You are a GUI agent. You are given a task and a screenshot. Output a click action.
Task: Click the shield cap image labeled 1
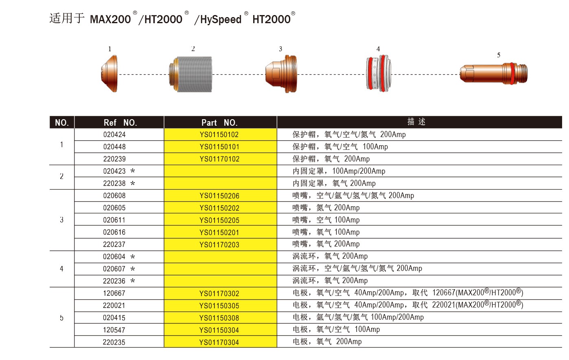pyautogui.click(x=109, y=74)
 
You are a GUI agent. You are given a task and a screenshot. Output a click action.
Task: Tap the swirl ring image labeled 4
pyautogui.click(x=379, y=74)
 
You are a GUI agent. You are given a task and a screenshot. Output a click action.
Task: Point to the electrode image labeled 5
pyautogui.click(x=494, y=74)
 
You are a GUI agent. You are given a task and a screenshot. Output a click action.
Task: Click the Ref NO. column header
pyautogui.click(x=120, y=122)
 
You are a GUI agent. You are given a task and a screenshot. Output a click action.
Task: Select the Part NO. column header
pyautogui.click(x=219, y=122)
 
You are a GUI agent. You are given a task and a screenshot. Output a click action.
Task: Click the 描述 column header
pyautogui.click(x=416, y=122)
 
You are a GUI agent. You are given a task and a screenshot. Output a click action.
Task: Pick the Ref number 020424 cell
pyautogui.click(x=114, y=135)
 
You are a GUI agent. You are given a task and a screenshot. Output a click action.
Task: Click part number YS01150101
pyautogui.click(x=219, y=147)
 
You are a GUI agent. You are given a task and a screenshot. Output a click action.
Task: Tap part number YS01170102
pyautogui.click(x=219, y=159)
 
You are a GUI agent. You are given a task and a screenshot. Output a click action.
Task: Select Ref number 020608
pyautogui.click(x=114, y=196)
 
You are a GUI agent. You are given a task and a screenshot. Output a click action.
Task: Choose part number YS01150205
pyautogui.click(x=219, y=220)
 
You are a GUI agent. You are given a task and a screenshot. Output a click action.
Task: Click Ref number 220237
pyautogui.click(x=114, y=244)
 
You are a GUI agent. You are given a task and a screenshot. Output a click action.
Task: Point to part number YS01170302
pyautogui.click(x=219, y=293)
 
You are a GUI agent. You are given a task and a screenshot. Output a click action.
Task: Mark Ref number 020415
pyautogui.click(x=114, y=318)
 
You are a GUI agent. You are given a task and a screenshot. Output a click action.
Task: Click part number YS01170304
pyautogui.click(x=219, y=342)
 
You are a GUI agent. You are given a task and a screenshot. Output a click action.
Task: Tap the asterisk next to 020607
pyautogui.click(x=133, y=269)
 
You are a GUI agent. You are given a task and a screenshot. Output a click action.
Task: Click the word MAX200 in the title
pyautogui.click(x=110, y=20)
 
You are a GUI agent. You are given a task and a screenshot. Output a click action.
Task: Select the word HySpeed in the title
pyautogui.click(x=221, y=20)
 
